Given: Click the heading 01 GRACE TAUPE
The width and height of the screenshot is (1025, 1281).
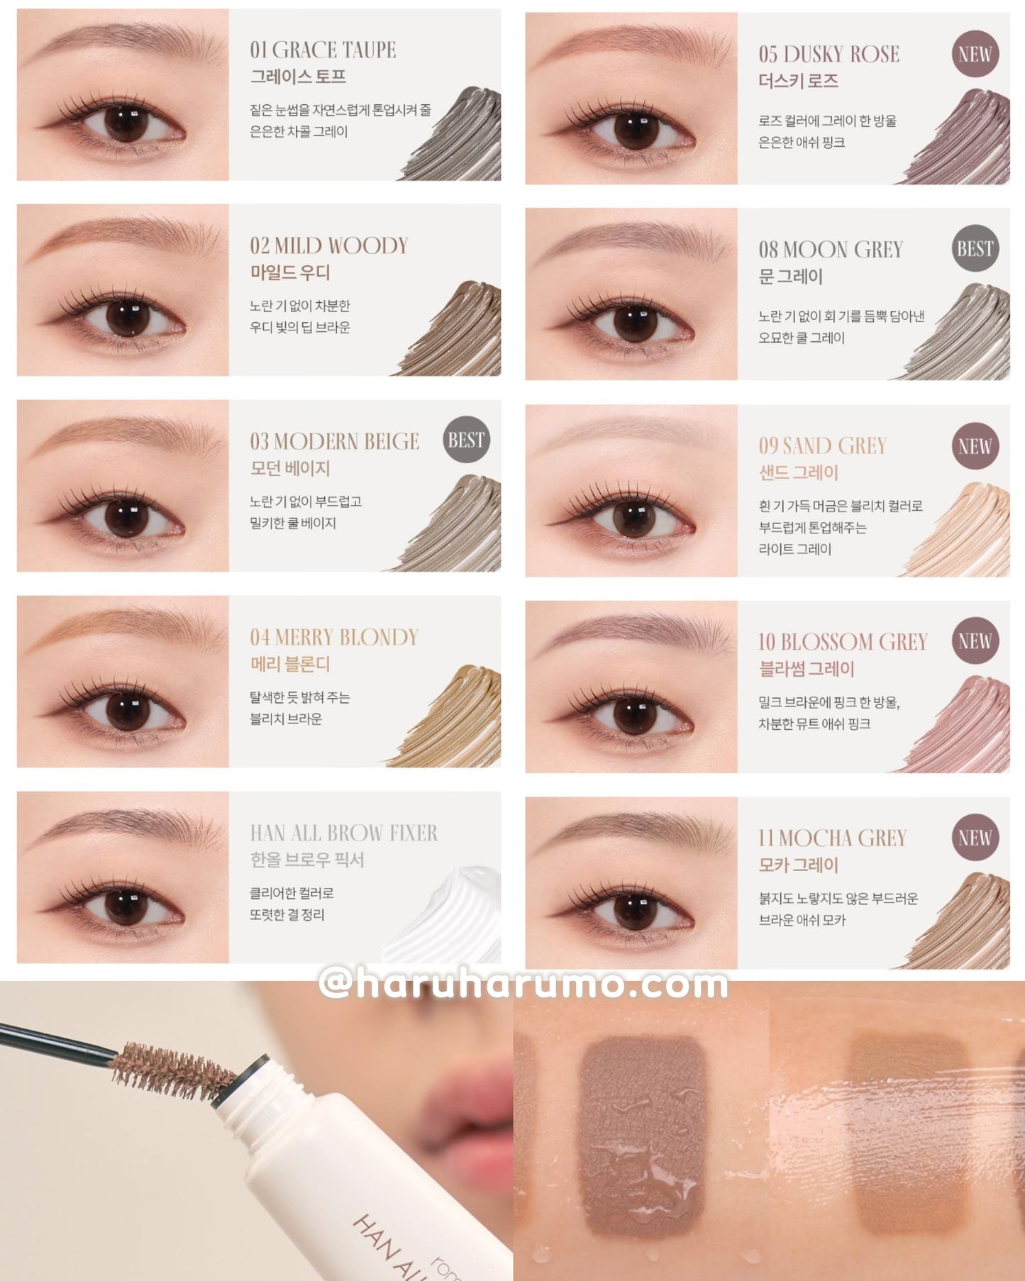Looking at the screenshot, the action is [x=323, y=50].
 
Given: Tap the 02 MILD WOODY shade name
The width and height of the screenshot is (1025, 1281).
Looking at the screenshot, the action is [x=329, y=245].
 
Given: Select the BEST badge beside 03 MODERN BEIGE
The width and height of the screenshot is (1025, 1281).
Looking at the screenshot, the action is [x=466, y=440].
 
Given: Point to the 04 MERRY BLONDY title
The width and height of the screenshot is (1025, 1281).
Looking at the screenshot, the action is [x=334, y=637].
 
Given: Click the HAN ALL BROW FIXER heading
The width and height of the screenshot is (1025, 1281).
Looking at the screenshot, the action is [x=344, y=833].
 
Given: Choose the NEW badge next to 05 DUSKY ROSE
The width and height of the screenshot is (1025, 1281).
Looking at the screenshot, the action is [x=975, y=54].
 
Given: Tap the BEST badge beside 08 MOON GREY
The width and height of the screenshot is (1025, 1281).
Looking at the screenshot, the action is [x=975, y=249].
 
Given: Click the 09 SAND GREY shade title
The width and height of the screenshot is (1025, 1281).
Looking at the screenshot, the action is [x=823, y=445].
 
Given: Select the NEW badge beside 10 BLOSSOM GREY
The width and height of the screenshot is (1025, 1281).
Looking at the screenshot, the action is [x=975, y=641].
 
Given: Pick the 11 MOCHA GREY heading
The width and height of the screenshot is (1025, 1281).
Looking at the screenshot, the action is [x=833, y=838].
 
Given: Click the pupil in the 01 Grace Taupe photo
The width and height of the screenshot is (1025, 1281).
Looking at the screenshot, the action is [x=126, y=122].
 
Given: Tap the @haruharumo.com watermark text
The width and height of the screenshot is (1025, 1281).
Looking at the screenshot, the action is [x=523, y=984].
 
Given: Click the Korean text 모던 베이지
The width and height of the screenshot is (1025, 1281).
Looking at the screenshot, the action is [x=290, y=468].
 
